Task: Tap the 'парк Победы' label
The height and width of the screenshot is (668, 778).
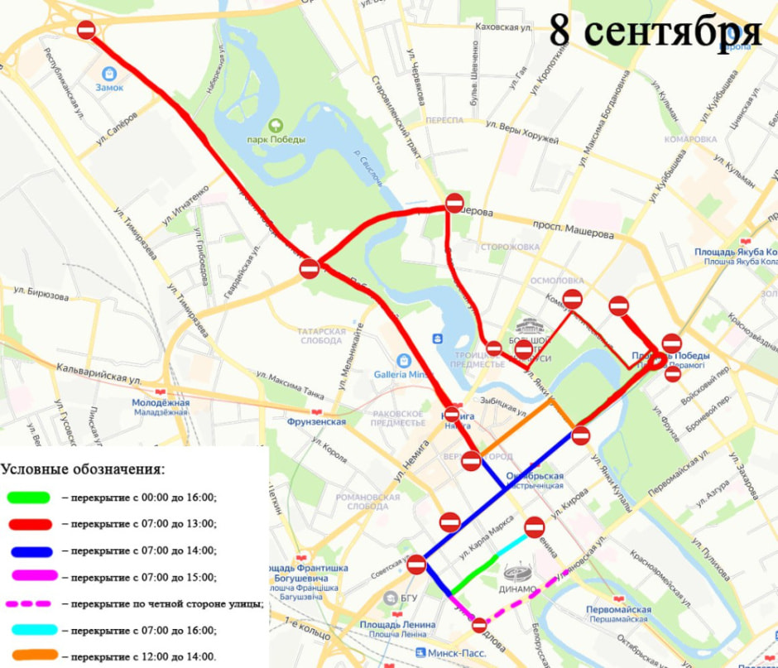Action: tap(276, 139)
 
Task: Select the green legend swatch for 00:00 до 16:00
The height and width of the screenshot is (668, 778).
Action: tap(31, 497)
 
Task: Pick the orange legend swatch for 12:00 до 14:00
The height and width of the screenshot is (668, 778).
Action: tap(31, 656)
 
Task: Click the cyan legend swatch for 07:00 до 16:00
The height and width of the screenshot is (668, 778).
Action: tap(31, 630)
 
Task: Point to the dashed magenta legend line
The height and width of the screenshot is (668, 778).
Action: tap(31, 603)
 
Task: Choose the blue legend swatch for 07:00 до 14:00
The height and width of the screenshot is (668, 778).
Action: tap(31, 550)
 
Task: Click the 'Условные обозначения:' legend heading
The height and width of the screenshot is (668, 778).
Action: tap(83, 469)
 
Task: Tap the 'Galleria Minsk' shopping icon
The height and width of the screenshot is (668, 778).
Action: tap(404, 361)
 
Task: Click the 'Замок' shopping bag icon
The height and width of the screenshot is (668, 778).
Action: tap(108, 73)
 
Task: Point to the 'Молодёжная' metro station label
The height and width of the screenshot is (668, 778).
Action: tap(161, 403)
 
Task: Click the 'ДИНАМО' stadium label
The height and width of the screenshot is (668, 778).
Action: tap(520, 589)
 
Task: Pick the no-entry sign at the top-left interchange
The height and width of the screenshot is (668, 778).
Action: tap(87, 30)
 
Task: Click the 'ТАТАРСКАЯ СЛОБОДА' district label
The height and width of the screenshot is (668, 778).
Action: tap(321, 335)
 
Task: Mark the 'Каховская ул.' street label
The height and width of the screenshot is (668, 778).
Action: tap(502, 27)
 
